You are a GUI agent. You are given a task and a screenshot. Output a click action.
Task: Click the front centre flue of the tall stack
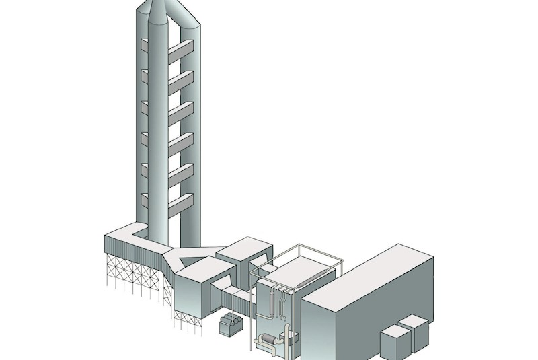click(x=165, y=135)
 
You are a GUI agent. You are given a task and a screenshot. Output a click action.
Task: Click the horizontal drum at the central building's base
click(x=268, y=341)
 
